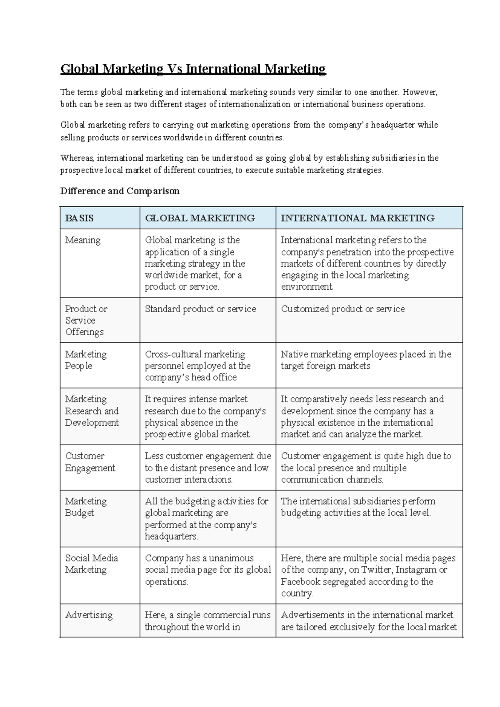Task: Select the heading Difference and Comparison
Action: click(120, 191)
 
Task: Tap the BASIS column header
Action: click(79, 218)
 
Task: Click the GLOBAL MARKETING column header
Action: click(200, 218)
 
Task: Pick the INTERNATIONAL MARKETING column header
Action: click(357, 218)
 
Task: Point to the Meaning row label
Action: click(82, 240)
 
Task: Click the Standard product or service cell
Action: click(200, 309)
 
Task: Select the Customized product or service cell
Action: click(342, 309)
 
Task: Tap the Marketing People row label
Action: click(85, 360)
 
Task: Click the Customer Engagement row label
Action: click(90, 462)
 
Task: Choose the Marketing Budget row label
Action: click(85, 507)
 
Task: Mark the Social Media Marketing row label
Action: click(91, 564)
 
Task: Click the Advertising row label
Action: click(89, 615)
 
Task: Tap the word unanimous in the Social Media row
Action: click(231, 558)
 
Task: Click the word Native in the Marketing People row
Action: click(293, 354)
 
